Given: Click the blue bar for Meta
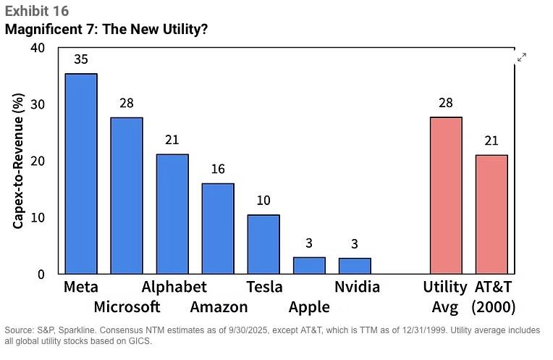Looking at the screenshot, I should pos(81,174).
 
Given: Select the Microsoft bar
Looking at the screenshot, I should pos(127,196).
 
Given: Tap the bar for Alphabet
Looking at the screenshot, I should pos(172,214).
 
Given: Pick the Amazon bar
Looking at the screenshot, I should pos(218,228).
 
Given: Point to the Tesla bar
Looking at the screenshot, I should pos(263,245).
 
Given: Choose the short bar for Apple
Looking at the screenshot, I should pos(309,265).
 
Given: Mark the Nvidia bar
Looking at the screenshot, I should pos(355,266).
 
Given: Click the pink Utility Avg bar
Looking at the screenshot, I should pos(446,196).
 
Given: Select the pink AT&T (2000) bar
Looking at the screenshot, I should pos(491,214).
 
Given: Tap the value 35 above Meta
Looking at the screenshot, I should pos(81,59).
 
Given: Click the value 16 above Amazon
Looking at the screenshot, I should pos(218,169).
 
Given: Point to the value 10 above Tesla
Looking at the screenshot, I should pos(263,201).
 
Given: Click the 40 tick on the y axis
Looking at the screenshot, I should pos(37,48).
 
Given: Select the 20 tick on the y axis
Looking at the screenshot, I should pos(37,161).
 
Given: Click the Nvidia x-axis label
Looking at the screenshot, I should pos(357,287).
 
